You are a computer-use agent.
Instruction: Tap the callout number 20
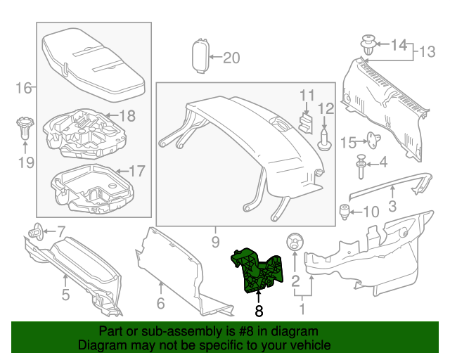point(231,58)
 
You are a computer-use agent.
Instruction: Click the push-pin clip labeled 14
point(367,44)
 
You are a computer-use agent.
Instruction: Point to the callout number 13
point(427,52)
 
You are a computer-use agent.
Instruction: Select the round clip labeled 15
point(371,139)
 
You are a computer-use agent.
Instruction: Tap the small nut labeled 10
point(345,210)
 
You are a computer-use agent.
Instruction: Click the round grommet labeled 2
point(294,243)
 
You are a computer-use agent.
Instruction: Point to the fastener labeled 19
point(24,129)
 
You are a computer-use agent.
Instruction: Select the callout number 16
point(23,88)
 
